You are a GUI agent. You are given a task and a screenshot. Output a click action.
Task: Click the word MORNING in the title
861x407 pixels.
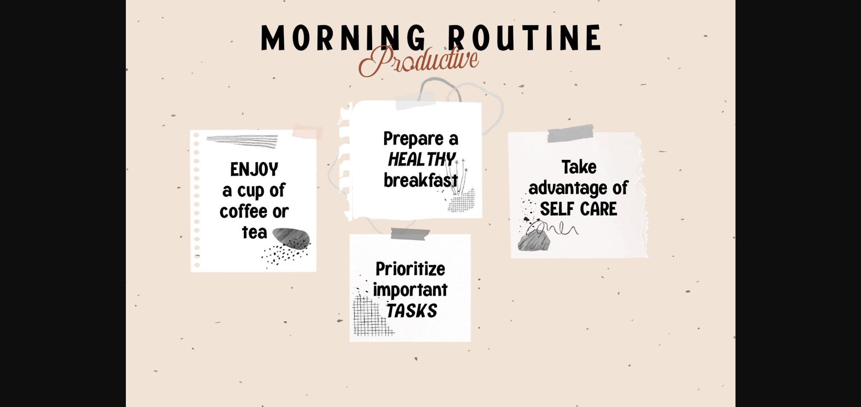tap(343, 38)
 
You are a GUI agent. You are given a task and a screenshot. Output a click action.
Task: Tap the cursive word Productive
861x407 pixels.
tap(418, 61)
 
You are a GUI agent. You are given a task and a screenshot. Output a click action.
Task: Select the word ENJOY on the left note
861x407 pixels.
tap(254, 170)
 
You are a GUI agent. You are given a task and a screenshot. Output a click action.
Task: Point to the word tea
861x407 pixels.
tap(254, 232)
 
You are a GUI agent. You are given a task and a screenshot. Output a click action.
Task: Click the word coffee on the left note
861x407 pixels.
tap(243, 211)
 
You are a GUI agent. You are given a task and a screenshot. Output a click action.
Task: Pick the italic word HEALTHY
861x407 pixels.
tap(421, 160)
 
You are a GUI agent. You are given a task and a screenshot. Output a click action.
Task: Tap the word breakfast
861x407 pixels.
tap(420, 181)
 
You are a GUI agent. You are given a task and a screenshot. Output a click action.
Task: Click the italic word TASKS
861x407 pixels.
tap(412, 311)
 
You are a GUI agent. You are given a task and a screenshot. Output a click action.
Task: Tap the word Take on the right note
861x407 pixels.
tap(579, 167)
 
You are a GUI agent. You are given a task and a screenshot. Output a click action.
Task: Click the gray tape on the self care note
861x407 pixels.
tap(570, 133)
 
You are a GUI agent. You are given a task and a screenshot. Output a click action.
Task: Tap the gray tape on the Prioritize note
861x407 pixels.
tap(410, 234)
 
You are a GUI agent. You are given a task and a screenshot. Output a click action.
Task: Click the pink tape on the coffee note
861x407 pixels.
tap(308, 132)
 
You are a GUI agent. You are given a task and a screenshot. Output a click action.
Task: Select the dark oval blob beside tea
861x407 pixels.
tap(291, 238)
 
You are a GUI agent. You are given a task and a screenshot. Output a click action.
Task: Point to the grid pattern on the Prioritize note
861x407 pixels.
tap(370, 317)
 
